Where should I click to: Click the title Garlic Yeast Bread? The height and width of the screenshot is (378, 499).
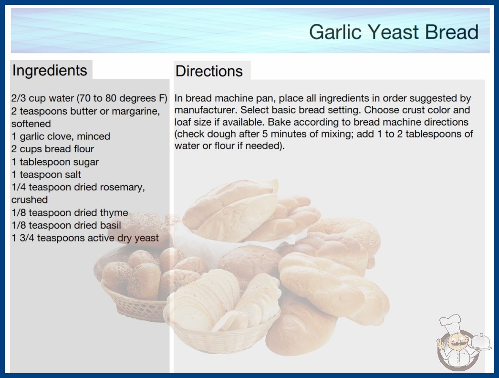(x=394, y=31)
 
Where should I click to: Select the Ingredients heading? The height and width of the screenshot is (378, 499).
(x=50, y=71)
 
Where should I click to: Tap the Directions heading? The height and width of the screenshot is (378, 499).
(x=209, y=71)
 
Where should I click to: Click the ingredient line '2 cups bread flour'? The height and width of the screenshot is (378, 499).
(x=53, y=149)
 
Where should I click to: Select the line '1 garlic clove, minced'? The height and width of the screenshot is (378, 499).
(x=61, y=136)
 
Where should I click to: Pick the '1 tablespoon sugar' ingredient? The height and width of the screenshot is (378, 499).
(x=55, y=162)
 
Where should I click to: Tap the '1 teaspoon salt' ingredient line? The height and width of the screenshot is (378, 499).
(x=46, y=175)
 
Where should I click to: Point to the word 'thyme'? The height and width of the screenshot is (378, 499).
(x=114, y=213)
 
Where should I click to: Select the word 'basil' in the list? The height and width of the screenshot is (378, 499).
(x=110, y=225)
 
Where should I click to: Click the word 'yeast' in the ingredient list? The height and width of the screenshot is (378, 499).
(x=146, y=238)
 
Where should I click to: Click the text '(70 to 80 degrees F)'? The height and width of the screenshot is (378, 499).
(x=122, y=98)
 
